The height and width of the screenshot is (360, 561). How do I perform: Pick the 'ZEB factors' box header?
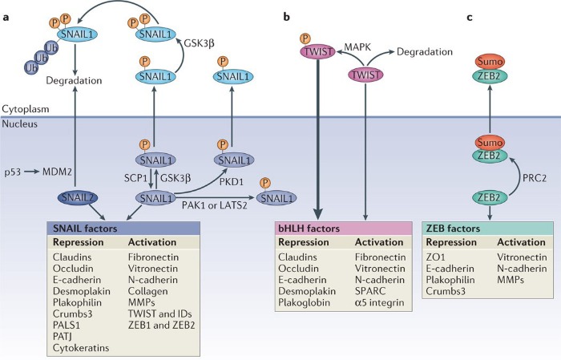[455, 229]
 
